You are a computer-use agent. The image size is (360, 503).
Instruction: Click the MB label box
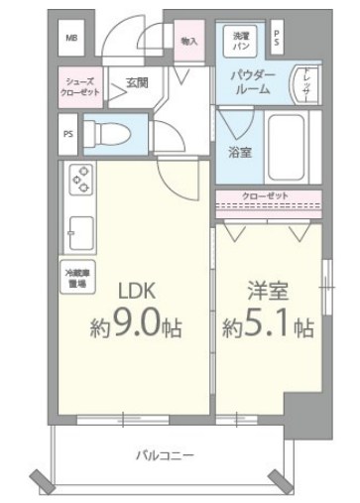click(x=70, y=41)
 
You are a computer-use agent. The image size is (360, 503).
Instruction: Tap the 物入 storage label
click(x=188, y=42)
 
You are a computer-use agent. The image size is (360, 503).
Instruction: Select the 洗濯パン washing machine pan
click(x=241, y=40)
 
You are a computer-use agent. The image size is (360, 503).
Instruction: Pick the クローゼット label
click(x=265, y=195)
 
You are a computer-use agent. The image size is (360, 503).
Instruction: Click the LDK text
click(x=137, y=292)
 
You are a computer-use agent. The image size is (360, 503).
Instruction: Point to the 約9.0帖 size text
click(x=137, y=326)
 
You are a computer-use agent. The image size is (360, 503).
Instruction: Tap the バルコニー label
click(x=165, y=455)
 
